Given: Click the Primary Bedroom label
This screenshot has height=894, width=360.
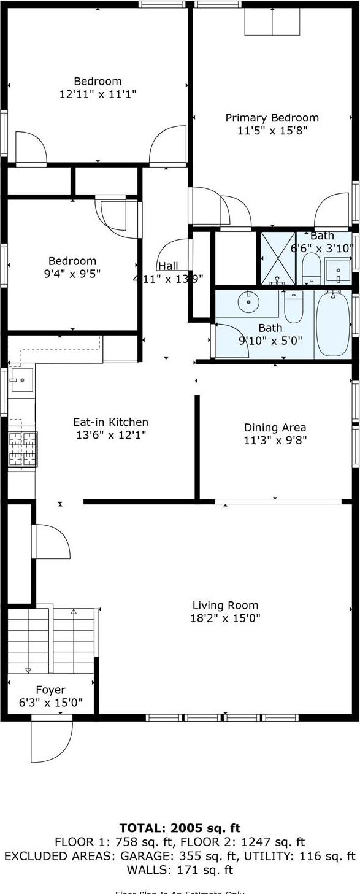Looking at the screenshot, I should [272, 118].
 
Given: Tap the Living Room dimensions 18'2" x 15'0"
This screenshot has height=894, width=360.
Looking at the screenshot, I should [225, 618].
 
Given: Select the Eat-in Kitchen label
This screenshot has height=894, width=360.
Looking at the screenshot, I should [110, 422].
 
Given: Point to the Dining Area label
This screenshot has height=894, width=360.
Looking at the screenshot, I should [275, 428].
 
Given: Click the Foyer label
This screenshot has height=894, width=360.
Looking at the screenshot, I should [50, 690].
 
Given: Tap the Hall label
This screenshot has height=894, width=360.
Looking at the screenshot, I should [168, 266].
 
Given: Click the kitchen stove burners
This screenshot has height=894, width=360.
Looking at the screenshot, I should [22, 450].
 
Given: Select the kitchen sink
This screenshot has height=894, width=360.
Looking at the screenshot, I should [21, 380].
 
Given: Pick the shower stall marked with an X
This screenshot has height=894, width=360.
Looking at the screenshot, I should [278, 258].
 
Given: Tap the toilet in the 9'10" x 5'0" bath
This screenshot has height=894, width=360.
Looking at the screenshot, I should [294, 306].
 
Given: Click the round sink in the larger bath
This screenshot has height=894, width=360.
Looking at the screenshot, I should [249, 301].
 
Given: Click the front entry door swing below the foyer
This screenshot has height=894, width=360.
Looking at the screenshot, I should [52, 739].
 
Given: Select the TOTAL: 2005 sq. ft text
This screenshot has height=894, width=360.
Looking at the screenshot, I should [180, 828].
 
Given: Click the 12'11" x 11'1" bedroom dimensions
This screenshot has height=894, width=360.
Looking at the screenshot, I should [98, 94].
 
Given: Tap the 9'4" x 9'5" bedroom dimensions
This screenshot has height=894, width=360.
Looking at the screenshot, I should [72, 273].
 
